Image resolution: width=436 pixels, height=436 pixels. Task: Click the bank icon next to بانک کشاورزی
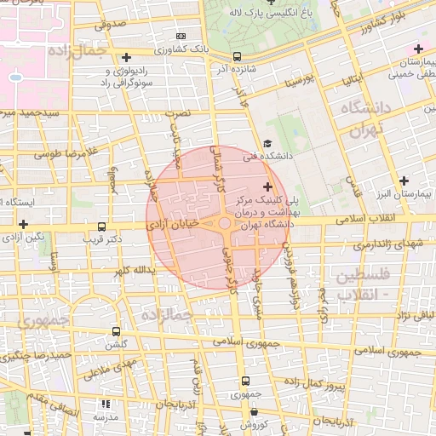pos(181,37)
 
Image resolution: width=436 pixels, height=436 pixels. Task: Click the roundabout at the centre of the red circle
pos(225,223)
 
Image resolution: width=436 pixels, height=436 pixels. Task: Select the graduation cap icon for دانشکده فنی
pos(267,145)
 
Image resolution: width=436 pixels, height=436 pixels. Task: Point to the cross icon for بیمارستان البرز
pos(404,181)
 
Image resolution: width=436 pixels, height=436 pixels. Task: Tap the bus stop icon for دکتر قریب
pos(102,227)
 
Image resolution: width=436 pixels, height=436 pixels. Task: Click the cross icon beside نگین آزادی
pos(23,223)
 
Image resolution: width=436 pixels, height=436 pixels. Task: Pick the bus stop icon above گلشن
pos(117,331)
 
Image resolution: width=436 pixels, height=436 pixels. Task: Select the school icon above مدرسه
pos(105,405)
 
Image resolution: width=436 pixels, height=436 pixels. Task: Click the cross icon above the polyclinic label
pos(267,186)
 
